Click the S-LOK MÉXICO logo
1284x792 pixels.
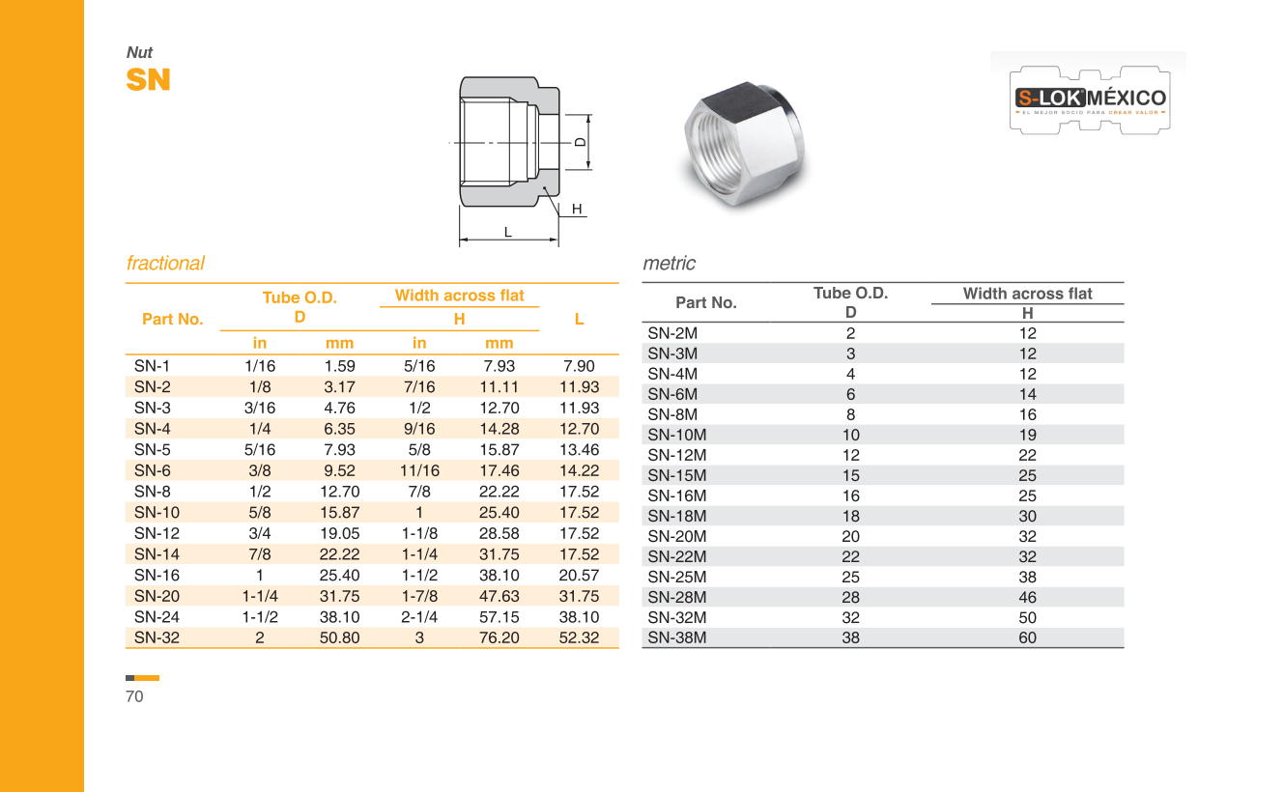point(1090,99)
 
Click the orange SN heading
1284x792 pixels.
point(148,80)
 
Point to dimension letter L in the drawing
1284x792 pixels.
point(507,231)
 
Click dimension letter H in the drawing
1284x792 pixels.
point(577,209)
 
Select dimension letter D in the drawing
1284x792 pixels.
point(579,142)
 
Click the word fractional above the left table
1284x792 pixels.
point(165,263)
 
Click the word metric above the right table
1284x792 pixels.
point(669,263)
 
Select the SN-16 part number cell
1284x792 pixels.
point(157,575)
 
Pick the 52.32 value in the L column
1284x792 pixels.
point(579,637)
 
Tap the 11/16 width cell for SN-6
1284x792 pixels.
point(419,470)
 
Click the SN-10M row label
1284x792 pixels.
point(676,435)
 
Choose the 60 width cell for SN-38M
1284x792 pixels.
point(1027,637)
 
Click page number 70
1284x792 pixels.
point(134,696)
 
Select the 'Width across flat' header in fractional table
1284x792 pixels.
point(459,296)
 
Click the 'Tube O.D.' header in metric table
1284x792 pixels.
point(850,293)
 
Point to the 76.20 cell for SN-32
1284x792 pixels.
point(499,637)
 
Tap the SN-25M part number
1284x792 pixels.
point(676,577)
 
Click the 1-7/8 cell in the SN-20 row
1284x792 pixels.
point(419,596)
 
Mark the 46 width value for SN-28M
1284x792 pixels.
point(1027,597)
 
